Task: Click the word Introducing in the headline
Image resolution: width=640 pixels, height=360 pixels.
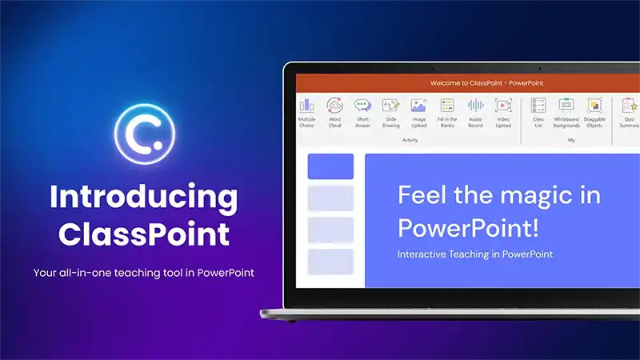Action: click(x=144, y=198)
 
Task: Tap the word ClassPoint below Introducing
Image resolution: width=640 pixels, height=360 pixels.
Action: click(x=144, y=234)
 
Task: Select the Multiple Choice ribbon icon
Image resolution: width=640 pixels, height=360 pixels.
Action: click(x=306, y=106)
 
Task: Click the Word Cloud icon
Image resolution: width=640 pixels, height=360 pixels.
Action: click(x=334, y=106)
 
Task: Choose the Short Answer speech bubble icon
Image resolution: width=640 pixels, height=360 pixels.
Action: click(x=362, y=106)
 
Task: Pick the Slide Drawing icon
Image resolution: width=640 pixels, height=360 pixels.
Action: click(x=390, y=106)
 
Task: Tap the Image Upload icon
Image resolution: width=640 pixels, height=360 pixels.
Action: click(x=418, y=106)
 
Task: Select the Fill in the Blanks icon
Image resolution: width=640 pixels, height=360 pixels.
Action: click(x=447, y=106)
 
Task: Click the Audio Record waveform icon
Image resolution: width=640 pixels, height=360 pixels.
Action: click(x=475, y=106)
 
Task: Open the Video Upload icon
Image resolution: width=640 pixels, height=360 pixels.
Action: click(x=503, y=106)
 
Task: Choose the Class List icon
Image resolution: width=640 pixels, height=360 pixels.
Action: click(x=538, y=106)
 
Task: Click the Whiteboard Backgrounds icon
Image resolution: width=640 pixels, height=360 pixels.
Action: click(x=566, y=106)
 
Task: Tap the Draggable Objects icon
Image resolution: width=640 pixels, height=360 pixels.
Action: click(x=594, y=106)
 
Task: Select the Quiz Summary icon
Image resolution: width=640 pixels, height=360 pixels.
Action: click(x=630, y=106)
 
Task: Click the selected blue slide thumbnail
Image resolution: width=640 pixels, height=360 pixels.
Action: click(x=330, y=166)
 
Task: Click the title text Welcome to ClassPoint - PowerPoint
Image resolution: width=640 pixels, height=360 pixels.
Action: click(x=486, y=83)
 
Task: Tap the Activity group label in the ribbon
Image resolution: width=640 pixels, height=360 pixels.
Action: click(x=410, y=140)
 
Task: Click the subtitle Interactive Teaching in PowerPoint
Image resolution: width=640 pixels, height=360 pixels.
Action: click(x=475, y=254)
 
